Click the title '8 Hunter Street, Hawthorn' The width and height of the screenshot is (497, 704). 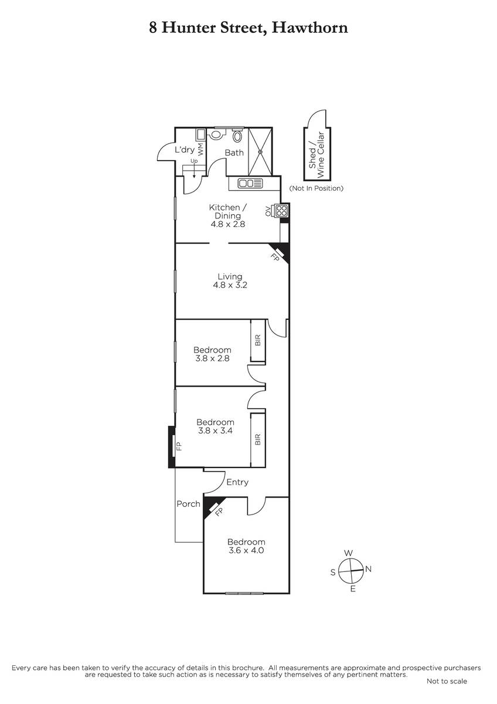(x=249, y=28)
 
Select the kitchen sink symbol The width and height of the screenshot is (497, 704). (x=250, y=183)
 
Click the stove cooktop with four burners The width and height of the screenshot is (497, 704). (x=281, y=211)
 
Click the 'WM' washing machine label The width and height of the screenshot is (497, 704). (x=201, y=149)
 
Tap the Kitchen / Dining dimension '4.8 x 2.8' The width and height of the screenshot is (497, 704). (x=228, y=224)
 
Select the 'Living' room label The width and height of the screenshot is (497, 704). (x=230, y=276)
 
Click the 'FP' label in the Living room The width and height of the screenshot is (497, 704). (x=275, y=257)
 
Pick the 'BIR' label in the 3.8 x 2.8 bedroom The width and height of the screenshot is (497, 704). (x=258, y=340)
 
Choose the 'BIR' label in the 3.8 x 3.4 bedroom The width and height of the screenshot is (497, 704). (x=258, y=439)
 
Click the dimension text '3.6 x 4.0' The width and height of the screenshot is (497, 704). (x=246, y=550)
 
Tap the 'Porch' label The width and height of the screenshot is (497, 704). (x=188, y=504)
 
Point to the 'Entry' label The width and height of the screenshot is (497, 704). (x=237, y=482)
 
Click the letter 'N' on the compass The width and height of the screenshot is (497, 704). (x=369, y=569)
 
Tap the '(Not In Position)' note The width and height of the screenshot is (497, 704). (x=316, y=188)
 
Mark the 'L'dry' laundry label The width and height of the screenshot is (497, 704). (x=185, y=149)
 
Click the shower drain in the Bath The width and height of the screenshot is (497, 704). (x=260, y=152)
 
